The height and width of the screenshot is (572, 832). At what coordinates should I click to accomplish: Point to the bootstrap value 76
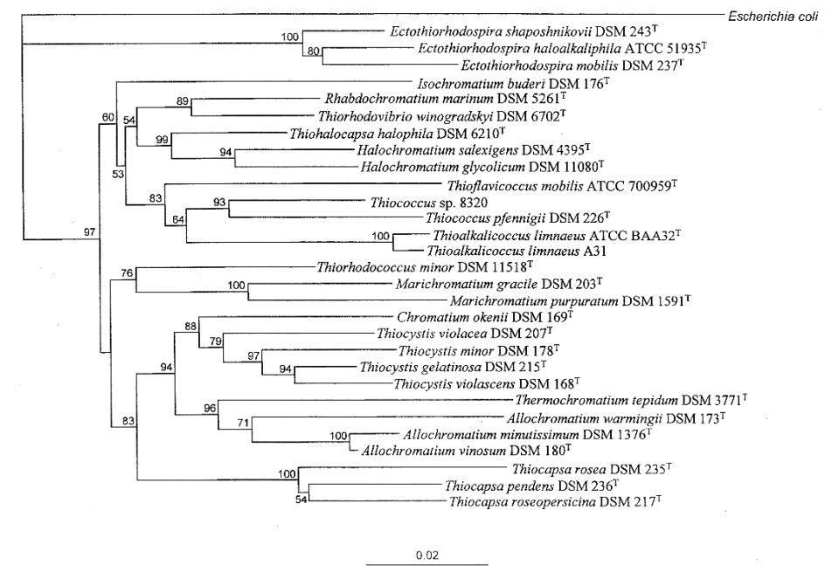pyautogui.click(x=128, y=273)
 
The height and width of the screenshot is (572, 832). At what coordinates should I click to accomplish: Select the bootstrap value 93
pyautogui.click(x=218, y=202)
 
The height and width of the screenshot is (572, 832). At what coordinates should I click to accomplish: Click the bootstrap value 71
pyautogui.click(x=244, y=423)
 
